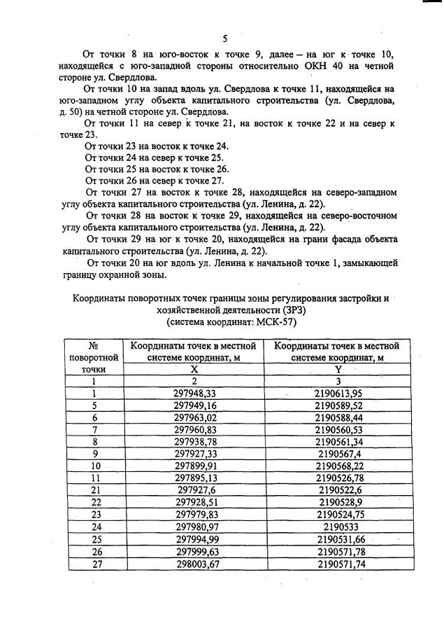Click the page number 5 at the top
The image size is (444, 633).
click(225, 38)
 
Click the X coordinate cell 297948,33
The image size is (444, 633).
click(195, 394)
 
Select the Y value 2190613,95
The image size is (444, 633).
click(338, 394)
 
